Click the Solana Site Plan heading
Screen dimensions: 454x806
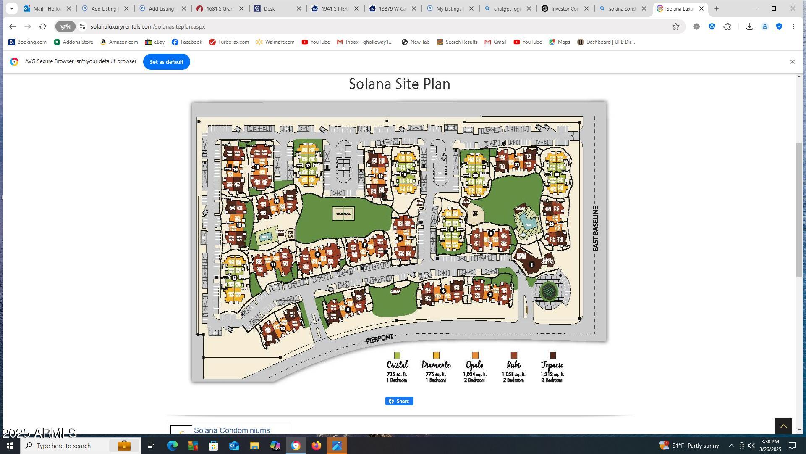(399, 84)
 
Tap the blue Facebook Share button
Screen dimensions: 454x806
(399, 401)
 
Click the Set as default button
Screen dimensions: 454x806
(166, 62)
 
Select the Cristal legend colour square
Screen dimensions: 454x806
(397, 356)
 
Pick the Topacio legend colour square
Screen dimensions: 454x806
(552, 356)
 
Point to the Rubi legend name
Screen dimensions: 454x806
(513, 364)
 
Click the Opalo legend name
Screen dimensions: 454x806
(474, 364)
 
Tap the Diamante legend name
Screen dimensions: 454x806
(436, 364)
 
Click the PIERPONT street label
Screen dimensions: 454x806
(379, 339)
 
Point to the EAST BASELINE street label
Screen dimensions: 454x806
(595, 229)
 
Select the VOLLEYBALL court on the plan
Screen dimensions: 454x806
(343, 214)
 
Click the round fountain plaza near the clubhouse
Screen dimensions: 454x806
(549, 291)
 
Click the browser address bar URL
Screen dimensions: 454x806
(148, 26)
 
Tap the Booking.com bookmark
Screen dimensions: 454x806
(28, 42)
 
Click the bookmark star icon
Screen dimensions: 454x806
(675, 26)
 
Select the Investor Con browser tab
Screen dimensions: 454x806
(565, 8)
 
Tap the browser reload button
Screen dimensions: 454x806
(43, 26)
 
